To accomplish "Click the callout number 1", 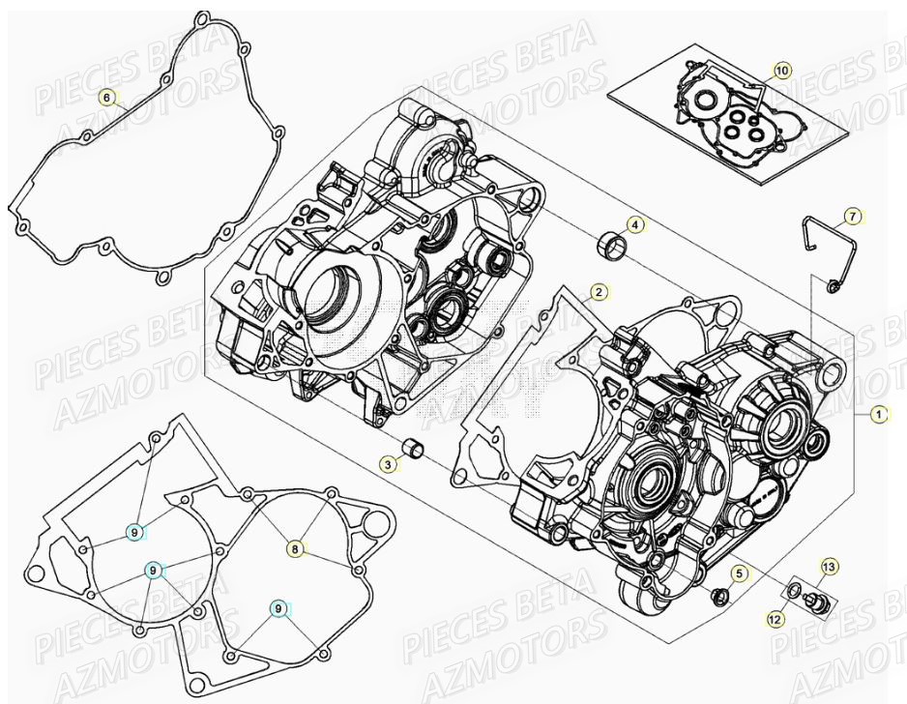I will pyautogui.click(x=878, y=414).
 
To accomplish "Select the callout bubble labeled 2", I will pyautogui.click(x=599, y=291).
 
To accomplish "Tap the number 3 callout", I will pyautogui.click(x=387, y=465).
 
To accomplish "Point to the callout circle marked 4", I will pyautogui.click(x=634, y=225).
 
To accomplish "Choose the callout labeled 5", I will pyautogui.click(x=738, y=574).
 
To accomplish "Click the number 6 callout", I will pyautogui.click(x=107, y=98).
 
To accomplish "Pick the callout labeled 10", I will pyautogui.click(x=782, y=70).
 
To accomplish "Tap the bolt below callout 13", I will pyautogui.click(x=817, y=603).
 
